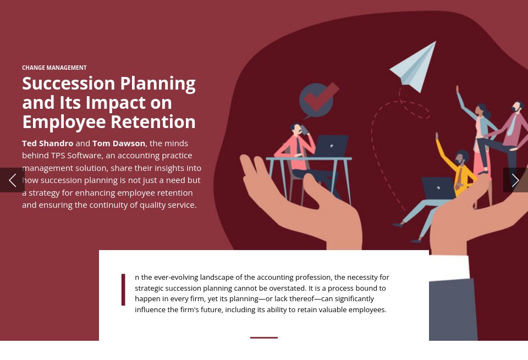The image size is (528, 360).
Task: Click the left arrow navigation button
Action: pyautogui.click(x=12, y=180)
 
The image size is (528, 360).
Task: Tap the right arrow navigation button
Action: pyautogui.click(x=515, y=180)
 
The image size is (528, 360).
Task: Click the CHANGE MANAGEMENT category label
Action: pyautogui.click(x=54, y=68)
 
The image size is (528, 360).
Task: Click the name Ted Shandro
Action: pyautogui.click(x=47, y=143)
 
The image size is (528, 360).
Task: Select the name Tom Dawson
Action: pyautogui.click(x=119, y=143)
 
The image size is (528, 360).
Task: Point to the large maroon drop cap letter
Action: pyautogui.click(x=123, y=290)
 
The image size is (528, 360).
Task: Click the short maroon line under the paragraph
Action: pyautogui.click(x=264, y=337)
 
